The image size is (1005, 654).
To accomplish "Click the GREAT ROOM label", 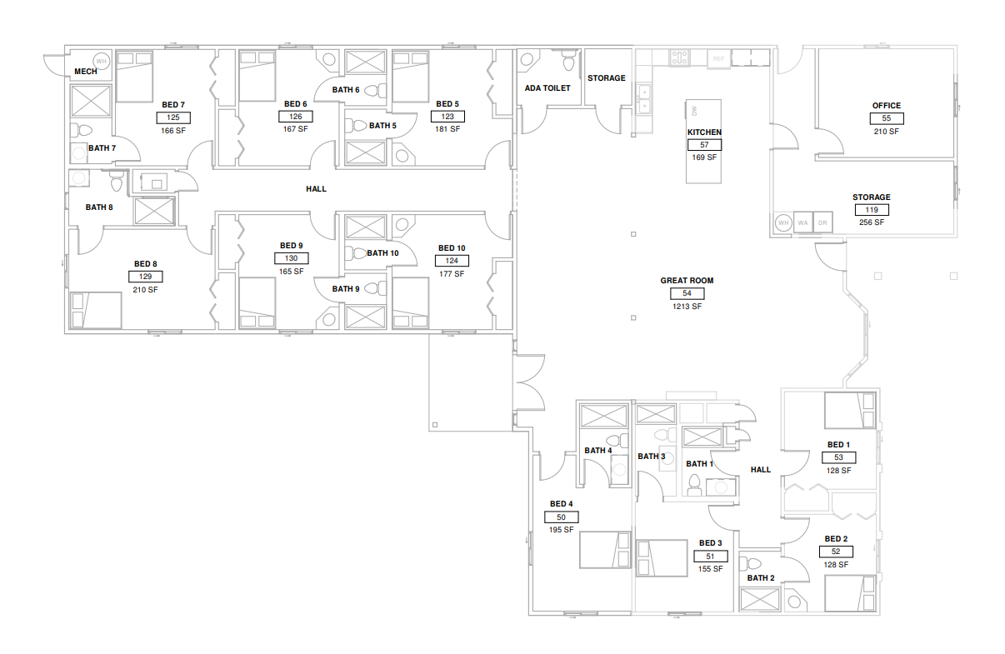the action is (687, 281).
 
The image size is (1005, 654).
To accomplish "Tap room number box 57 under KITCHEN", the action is (704, 145).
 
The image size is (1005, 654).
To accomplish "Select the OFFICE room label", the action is (887, 106).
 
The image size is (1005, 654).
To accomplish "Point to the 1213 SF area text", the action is (687, 307).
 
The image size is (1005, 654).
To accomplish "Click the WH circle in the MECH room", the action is (101, 62).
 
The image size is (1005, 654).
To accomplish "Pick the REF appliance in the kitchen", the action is (719, 59).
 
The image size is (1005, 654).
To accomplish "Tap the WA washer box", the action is (803, 223).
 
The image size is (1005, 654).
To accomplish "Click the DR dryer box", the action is (822, 223).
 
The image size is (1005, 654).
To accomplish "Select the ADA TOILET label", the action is (547, 88).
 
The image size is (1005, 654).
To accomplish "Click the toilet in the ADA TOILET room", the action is (568, 60).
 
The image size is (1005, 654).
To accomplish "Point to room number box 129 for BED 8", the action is (145, 277).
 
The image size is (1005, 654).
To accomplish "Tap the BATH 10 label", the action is (382, 253).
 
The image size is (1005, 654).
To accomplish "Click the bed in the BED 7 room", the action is (135, 77).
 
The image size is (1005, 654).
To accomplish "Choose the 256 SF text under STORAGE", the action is (872, 222).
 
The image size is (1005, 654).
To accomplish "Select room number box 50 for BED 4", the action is (562, 517).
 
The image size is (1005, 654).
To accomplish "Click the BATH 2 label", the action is (761, 578).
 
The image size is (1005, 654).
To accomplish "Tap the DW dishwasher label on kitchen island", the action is (694, 110).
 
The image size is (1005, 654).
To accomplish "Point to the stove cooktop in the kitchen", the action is (680, 57).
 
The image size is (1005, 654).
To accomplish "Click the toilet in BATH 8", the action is (117, 182).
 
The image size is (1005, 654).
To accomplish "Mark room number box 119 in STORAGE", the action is (872, 210).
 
